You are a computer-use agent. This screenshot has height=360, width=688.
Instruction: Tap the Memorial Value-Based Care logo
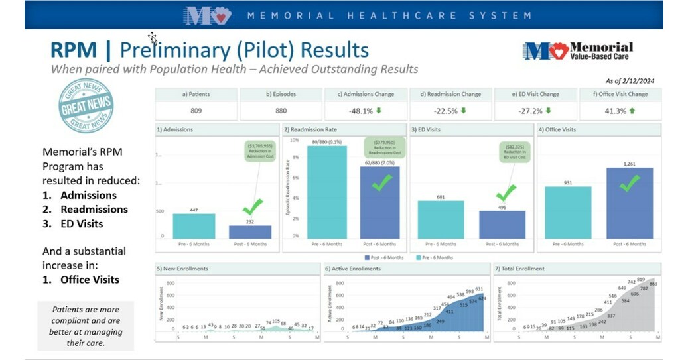click(577, 51)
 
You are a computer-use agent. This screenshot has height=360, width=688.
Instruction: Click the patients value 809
click(196, 111)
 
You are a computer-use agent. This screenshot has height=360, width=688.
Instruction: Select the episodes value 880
click(281, 111)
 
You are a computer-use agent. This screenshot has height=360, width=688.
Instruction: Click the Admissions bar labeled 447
click(194, 226)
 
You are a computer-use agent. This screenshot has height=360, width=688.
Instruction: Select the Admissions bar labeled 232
click(250, 232)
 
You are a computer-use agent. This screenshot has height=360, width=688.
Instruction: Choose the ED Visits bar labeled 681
click(441, 219)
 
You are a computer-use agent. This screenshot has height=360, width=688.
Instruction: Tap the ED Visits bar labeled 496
click(502, 225)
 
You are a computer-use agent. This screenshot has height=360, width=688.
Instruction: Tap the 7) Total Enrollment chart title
click(520, 269)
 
